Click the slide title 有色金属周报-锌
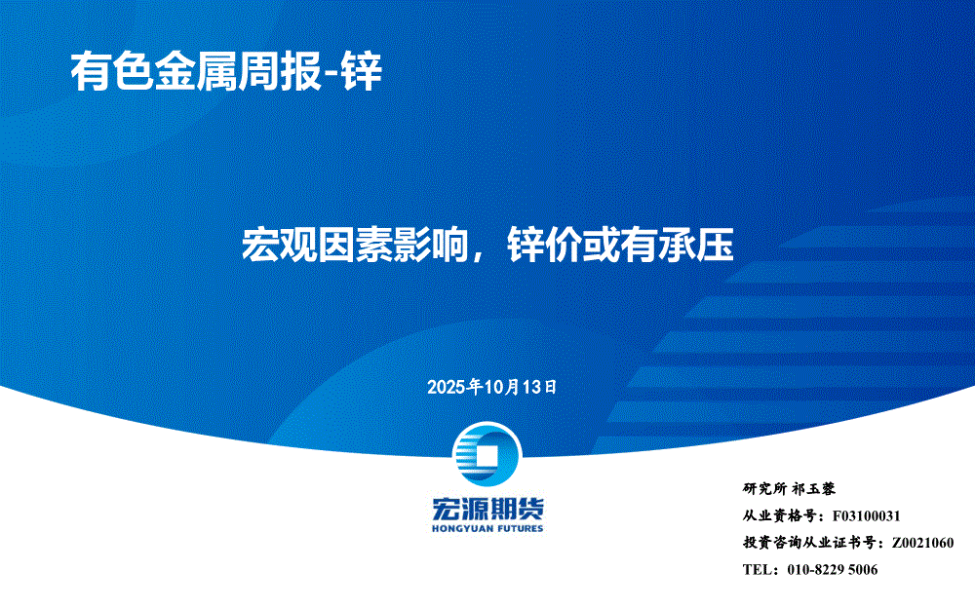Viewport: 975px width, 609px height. coord(226,72)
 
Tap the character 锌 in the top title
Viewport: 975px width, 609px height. coord(362,72)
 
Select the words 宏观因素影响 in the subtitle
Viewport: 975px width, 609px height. coord(355,245)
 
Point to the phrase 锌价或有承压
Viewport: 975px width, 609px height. coord(620,245)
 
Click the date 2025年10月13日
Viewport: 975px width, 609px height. coord(491,387)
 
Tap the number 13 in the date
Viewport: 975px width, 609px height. coord(532,387)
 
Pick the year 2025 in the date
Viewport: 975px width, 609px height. coord(446,387)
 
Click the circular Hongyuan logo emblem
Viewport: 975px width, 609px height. coord(487,455)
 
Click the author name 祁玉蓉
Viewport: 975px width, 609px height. coord(814,489)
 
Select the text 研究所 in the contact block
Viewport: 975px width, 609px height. coord(764,489)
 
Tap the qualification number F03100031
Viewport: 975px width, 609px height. coord(866,515)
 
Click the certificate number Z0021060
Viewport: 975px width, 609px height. coord(922,543)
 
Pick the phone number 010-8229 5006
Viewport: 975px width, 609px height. coord(833,569)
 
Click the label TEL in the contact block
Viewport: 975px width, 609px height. coord(757,569)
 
